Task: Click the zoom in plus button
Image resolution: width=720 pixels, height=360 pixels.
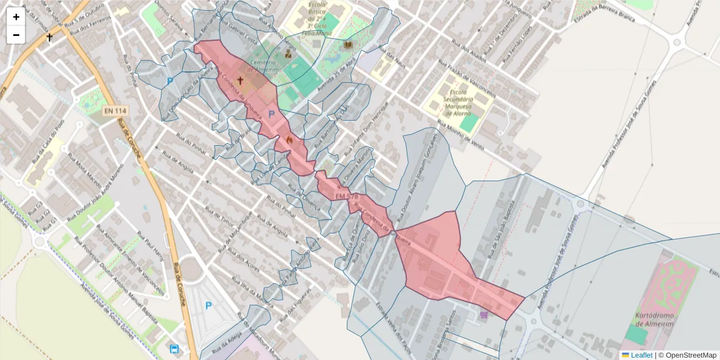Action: [16, 17]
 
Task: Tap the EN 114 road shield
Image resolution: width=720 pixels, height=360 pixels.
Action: [113, 110]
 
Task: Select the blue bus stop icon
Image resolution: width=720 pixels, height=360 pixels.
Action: [174, 349]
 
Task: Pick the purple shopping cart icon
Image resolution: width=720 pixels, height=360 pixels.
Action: [484, 314]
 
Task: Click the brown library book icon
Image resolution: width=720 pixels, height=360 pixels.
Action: [348, 45]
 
